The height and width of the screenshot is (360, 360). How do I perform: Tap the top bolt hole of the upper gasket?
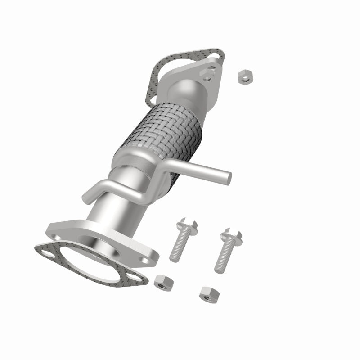pyautogui.click(x=218, y=56)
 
